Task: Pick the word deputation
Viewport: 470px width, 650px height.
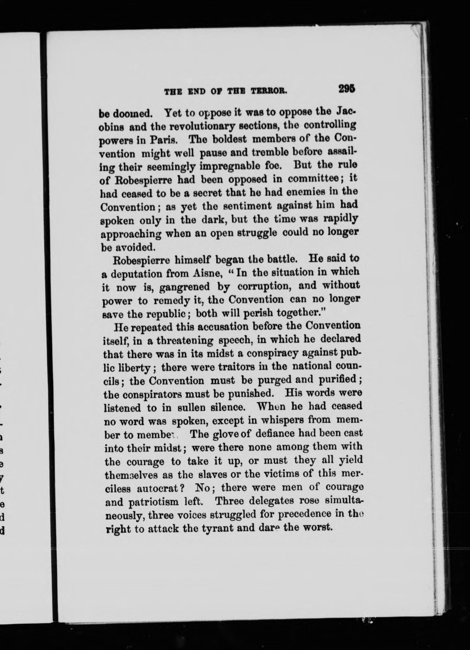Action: [141, 274]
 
